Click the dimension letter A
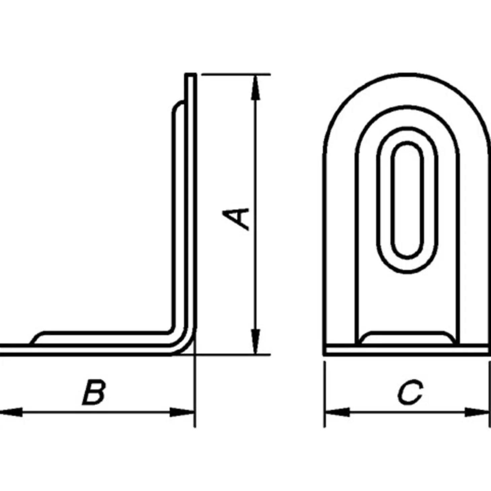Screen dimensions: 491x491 click(236, 219)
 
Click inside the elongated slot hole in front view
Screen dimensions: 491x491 click(407, 201)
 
